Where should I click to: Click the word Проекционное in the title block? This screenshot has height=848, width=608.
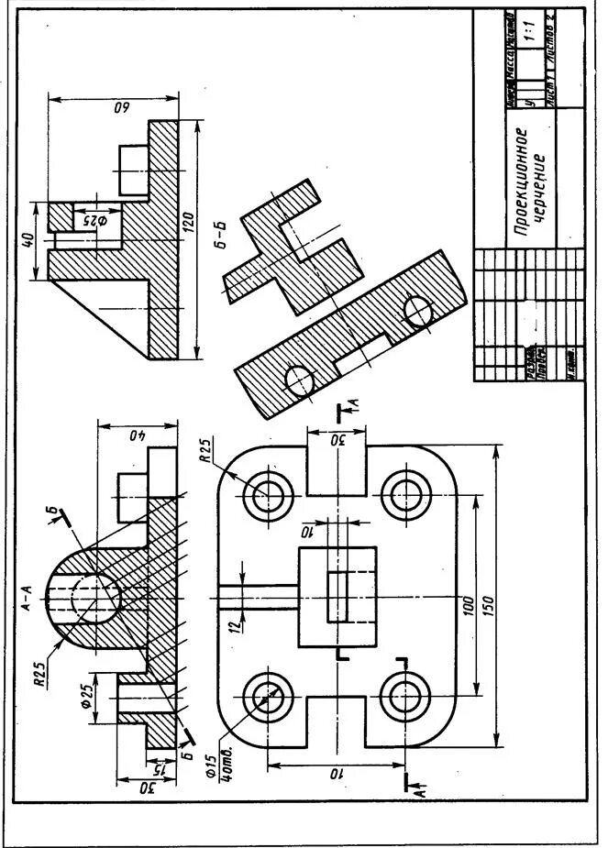tap(522, 178)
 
